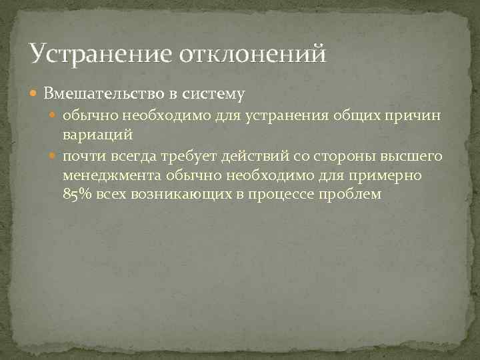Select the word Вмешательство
click(x=100, y=93)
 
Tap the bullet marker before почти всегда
click(x=55, y=156)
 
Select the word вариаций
click(x=98, y=134)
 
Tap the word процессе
click(x=287, y=194)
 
